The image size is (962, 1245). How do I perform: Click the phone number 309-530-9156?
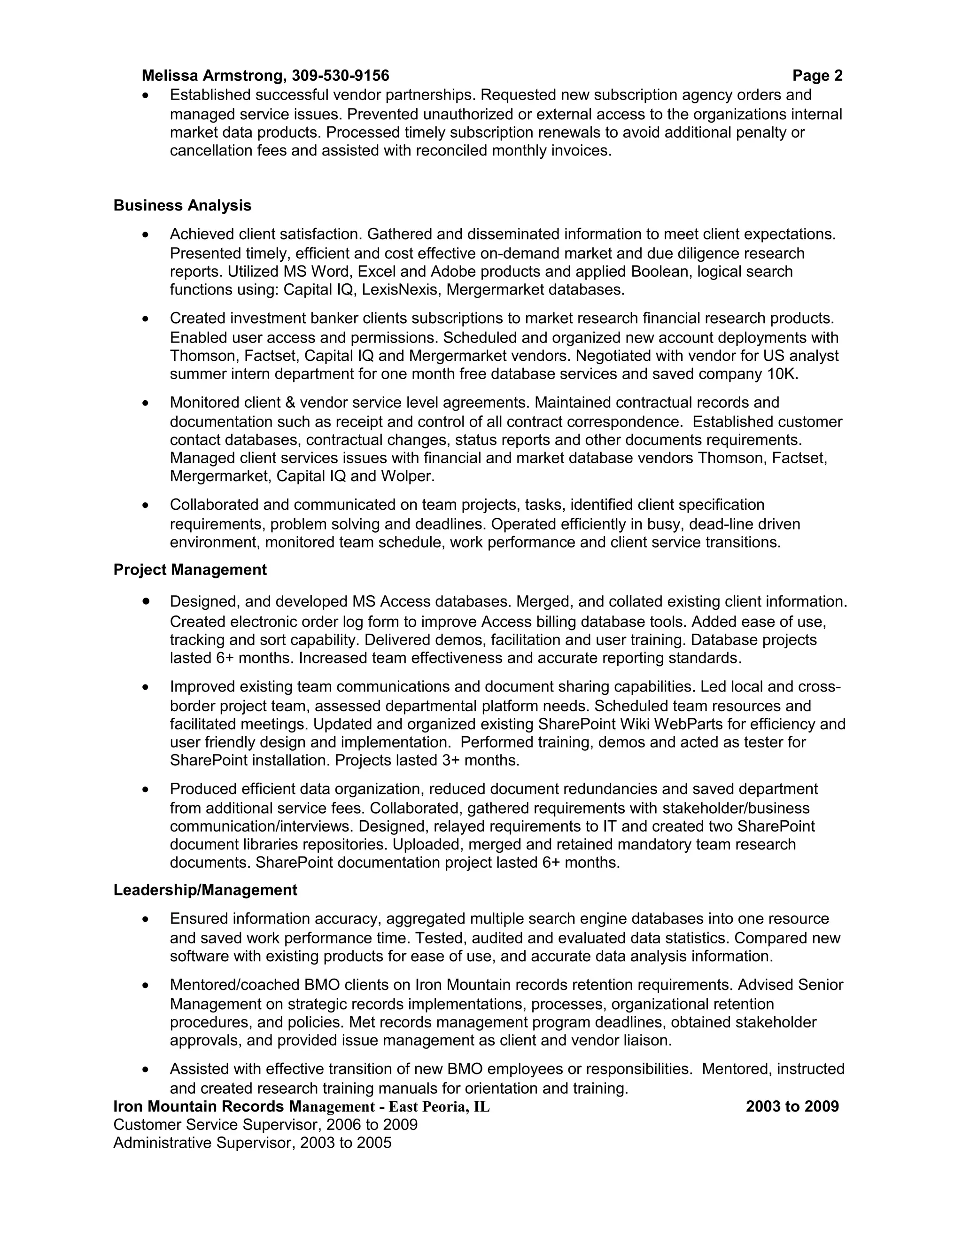(340, 76)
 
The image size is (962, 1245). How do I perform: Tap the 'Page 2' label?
(817, 76)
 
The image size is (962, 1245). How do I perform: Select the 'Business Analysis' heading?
(182, 205)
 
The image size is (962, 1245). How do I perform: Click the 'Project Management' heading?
(190, 569)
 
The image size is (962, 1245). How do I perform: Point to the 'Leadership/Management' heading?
(205, 890)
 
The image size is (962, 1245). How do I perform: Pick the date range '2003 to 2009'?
(792, 1106)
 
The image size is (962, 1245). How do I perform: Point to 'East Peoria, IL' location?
(439, 1107)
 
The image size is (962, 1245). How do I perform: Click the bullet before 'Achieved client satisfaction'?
(147, 234)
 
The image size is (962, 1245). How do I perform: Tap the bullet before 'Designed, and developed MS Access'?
(147, 601)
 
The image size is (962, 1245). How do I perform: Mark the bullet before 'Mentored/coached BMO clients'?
(147, 985)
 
